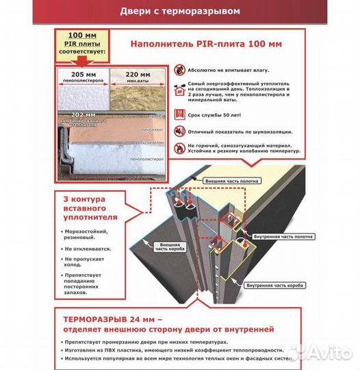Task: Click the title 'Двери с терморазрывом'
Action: [x=179, y=12]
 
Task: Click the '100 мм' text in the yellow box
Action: [x=81, y=35]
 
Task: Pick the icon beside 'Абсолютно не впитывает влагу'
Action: [x=179, y=70]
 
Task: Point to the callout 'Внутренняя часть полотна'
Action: [x=283, y=236]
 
